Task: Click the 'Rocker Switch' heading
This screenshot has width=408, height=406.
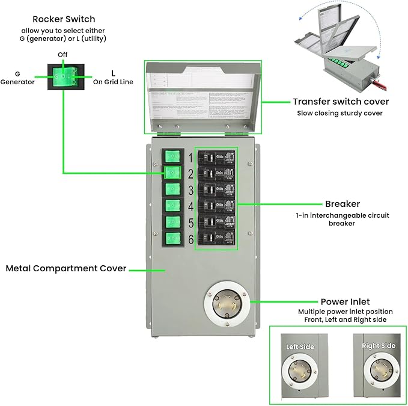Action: click(64, 19)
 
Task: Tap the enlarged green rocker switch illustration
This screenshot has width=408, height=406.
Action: click(63, 77)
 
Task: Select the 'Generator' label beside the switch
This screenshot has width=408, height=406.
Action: click(17, 82)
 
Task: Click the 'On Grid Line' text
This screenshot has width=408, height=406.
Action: click(113, 82)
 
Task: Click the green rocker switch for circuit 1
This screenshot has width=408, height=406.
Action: click(173, 158)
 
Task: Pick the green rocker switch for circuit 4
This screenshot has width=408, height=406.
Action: click(173, 206)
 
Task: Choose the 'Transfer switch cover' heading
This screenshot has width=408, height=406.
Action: click(341, 102)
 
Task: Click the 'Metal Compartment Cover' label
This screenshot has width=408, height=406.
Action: click(66, 268)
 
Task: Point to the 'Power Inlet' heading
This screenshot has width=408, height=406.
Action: click(345, 301)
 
